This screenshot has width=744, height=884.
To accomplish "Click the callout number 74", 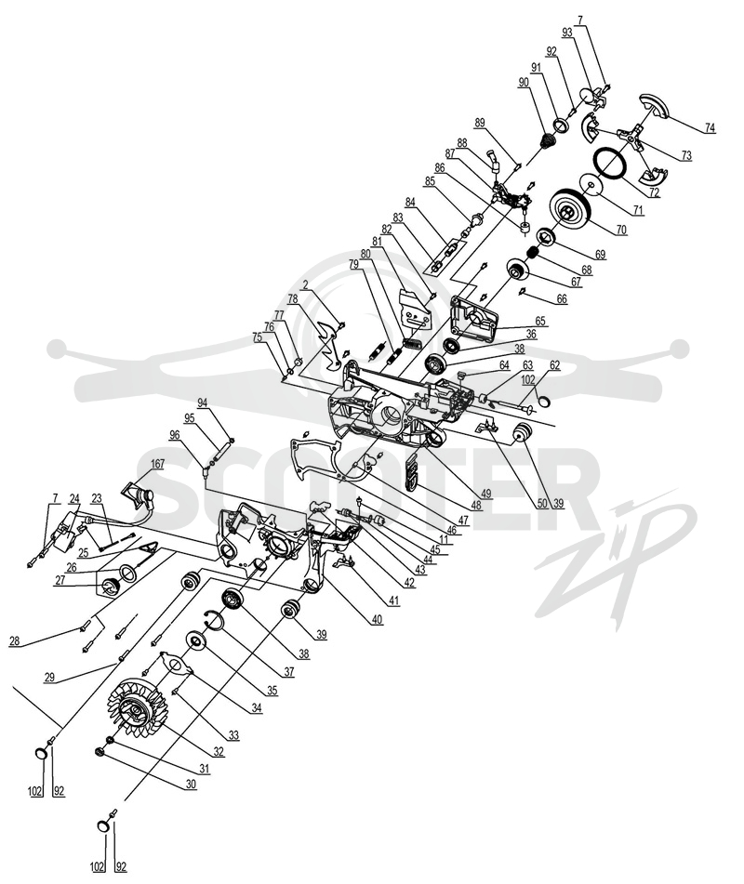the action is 710,128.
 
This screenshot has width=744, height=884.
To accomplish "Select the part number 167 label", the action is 157,464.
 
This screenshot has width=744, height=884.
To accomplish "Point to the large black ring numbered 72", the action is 611,162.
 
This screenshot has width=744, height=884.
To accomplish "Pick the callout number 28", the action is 15,641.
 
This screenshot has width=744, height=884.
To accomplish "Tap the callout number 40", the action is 377,620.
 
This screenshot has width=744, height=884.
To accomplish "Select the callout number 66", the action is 562,299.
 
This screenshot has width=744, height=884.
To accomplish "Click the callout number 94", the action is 203,402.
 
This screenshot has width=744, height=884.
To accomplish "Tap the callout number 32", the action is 219,752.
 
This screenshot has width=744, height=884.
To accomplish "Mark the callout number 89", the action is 480,123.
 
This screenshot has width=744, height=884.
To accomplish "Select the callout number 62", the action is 554,365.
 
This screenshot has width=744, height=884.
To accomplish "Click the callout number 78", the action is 293,300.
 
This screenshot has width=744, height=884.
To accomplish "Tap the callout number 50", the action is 542,503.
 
